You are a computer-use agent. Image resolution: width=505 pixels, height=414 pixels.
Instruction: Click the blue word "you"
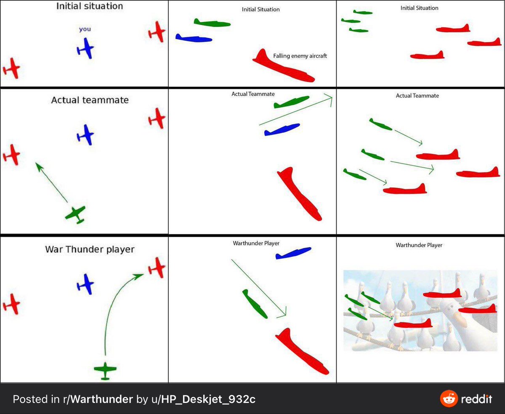pos(85,29)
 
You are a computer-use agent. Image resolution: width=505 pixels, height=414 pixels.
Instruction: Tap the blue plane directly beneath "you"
pos(85,48)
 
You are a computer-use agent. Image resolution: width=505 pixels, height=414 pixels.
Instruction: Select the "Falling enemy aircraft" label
pos(300,56)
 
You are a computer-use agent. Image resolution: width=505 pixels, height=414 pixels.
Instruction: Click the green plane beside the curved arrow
pos(105,371)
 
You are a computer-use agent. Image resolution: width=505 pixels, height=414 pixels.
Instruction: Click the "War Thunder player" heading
pos(90,249)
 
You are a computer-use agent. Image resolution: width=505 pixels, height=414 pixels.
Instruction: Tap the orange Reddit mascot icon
pos(449,399)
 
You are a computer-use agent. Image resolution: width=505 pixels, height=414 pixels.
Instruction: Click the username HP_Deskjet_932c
pos(208,399)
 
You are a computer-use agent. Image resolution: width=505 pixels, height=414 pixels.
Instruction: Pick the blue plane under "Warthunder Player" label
pos(293,253)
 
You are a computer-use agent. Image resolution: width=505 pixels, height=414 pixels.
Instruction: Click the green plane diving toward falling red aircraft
pos(255,304)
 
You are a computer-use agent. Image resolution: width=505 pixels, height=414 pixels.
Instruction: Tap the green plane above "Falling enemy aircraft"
pos(212,23)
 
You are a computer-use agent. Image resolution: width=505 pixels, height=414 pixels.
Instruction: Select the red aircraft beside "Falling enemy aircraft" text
pos(284,66)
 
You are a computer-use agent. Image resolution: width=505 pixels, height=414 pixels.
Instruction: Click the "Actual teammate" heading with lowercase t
pos(90,100)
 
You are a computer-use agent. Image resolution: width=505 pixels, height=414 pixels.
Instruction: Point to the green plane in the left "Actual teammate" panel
pos(76,214)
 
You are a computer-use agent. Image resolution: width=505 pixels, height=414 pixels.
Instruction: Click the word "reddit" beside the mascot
pos(476,399)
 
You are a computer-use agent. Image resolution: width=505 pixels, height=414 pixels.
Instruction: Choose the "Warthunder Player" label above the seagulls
pos(419,245)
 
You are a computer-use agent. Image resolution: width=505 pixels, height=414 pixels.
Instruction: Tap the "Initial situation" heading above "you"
pos(90,6)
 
